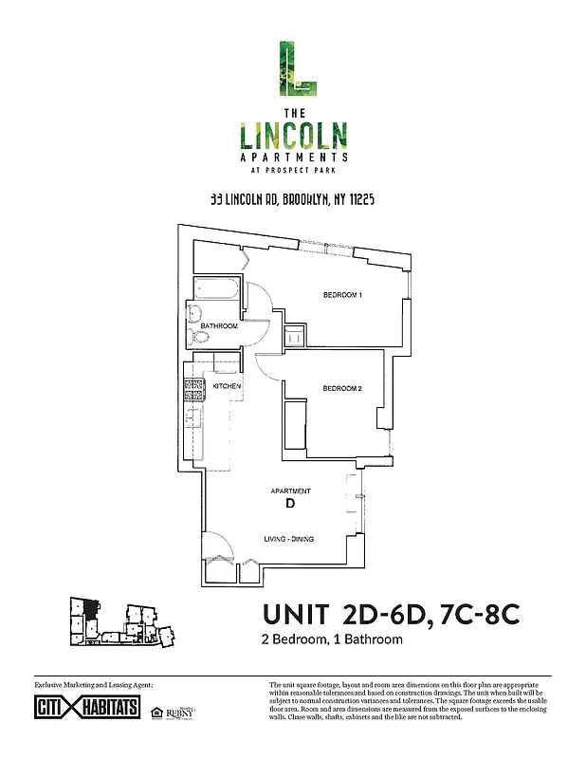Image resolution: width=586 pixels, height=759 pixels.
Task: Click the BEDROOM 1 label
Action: pos(342,296)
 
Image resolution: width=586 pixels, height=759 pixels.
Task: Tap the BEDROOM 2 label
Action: pos(342,388)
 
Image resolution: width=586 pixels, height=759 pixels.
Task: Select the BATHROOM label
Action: pos(218,326)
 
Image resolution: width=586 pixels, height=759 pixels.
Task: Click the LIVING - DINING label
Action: pos(288,539)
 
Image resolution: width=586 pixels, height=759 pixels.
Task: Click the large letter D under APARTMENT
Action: pos(289,504)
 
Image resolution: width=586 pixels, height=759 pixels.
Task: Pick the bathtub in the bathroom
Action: pos(219,290)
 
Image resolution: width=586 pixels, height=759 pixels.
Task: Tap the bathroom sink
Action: pos(196,315)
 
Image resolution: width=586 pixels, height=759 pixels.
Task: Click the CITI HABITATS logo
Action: pos(86,709)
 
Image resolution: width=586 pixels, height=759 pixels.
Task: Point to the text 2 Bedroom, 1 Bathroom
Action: pos(331,639)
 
